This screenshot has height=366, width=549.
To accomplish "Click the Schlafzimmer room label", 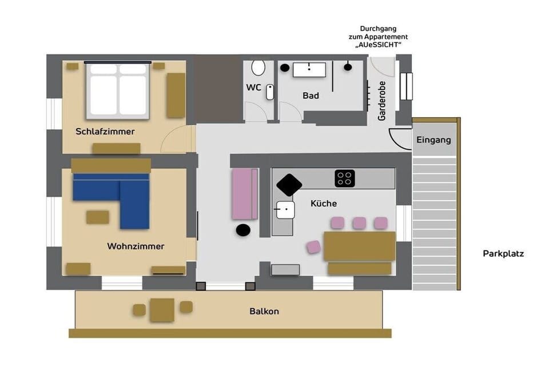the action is tap(105, 132).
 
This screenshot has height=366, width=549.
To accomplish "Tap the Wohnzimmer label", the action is tap(136, 246).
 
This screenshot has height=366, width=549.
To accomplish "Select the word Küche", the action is tap(324, 204).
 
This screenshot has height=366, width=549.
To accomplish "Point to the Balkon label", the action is tap(264, 311).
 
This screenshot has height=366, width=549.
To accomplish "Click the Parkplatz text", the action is tap(503, 253).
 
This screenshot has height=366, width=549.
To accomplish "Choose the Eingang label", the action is tap(433, 140).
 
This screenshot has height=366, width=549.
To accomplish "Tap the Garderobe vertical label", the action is tap(381, 101).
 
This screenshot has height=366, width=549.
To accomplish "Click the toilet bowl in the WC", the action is tap(258, 68).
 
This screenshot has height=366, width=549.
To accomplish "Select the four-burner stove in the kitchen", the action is tap(344, 178).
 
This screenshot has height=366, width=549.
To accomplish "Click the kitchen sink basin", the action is tap(285, 209).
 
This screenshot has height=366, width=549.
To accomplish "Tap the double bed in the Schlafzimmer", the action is tap(118, 90).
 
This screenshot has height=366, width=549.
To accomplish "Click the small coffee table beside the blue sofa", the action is tap(98, 217).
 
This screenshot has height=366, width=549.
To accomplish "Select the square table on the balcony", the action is tap(162, 310).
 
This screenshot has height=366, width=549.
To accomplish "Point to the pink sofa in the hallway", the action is tap(245, 194).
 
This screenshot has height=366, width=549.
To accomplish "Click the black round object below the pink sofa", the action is tap(243, 230).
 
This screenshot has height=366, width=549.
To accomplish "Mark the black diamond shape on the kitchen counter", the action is tap(289, 185).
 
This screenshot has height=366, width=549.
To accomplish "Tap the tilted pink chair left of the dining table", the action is tap(314, 247).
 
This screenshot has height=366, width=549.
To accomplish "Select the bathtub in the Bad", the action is tap(309, 70).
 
